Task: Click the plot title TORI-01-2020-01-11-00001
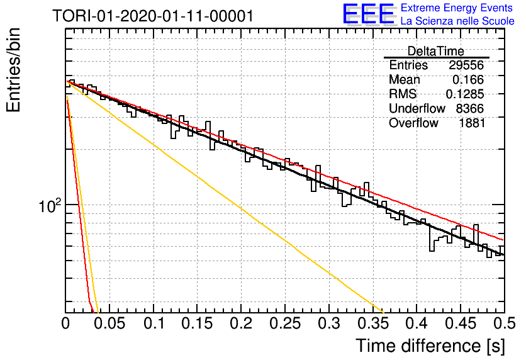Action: pos(153,16)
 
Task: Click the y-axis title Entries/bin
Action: pos(13,70)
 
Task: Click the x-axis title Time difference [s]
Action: pos(430,346)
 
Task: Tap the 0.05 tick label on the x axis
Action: pos(109,323)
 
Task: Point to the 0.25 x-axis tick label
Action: pos(285,323)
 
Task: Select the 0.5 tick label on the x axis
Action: pos(505,323)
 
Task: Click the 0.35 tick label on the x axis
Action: pos(373,323)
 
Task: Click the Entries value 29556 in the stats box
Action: pos(466,65)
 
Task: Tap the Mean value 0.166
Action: pos(468,79)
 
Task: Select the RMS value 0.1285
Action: pos(464,94)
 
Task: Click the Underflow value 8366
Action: pos(469,109)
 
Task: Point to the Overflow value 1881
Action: pos(472,123)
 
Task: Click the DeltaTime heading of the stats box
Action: pos(436,51)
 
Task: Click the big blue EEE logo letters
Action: pos(368,14)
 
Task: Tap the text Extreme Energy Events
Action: pos(457,8)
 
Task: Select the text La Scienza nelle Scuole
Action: pos(457,21)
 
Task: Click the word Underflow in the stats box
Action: pos(417,109)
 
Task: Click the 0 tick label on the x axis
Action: pos(65,323)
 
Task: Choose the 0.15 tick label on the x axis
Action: pos(198,323)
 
